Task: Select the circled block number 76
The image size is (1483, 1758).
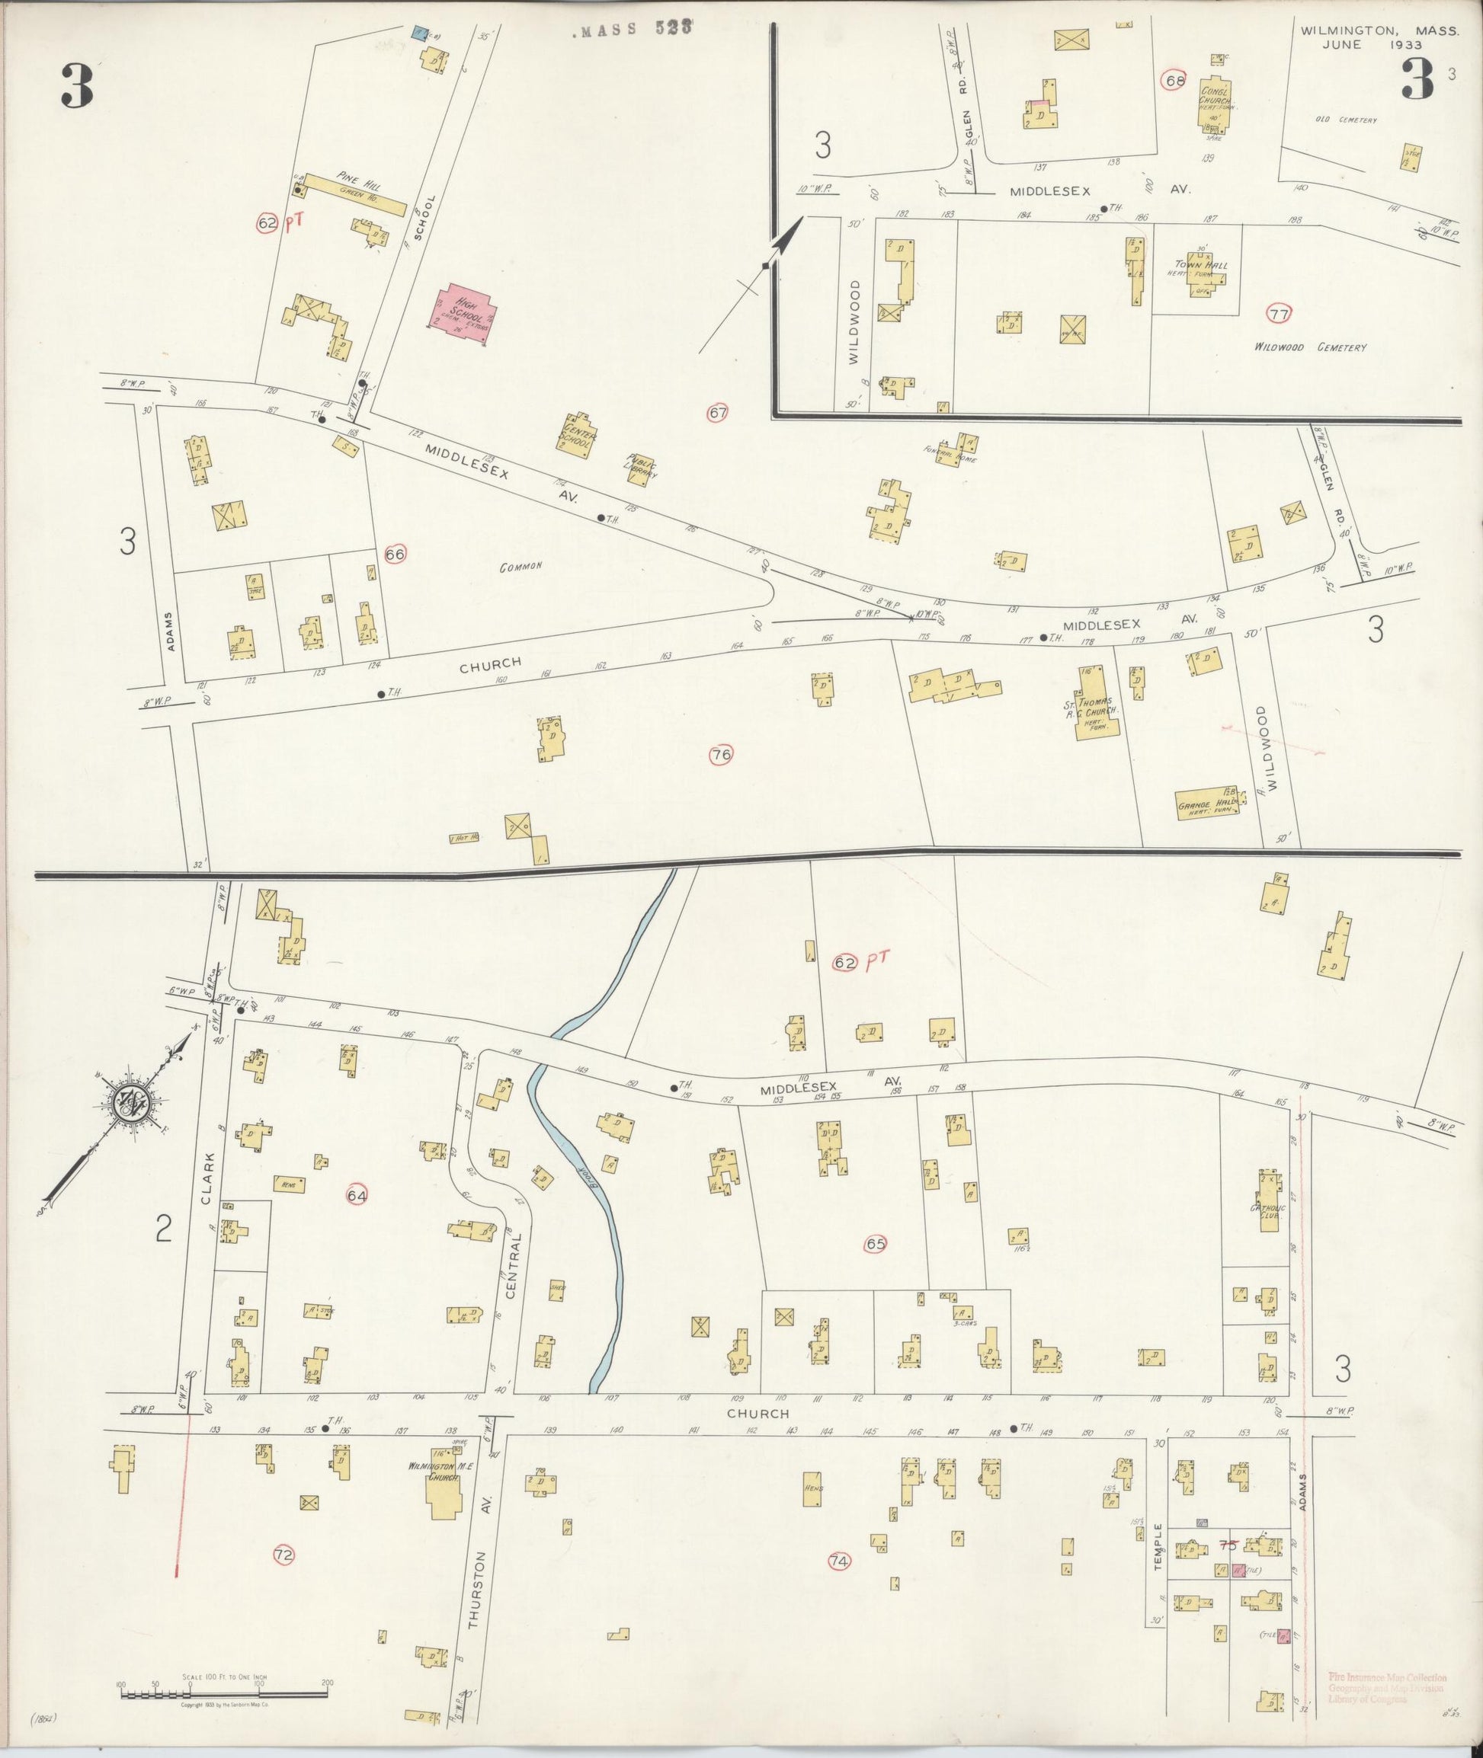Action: (720, 755)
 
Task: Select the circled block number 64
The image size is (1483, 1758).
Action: (357, 1195)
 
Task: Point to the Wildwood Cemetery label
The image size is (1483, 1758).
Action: (1310, 347)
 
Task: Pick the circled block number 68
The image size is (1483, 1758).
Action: (1173, 81)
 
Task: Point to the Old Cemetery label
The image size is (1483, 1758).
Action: (1346, 120)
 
